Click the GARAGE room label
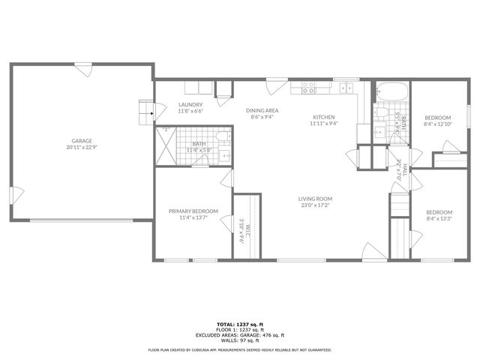click(x=82, y=141)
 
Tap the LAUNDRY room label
click(x=190, y=104)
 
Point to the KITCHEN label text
click(x=323, y=117)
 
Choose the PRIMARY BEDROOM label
click(x=193, y=211)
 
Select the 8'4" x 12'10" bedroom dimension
click(x=437, y=124)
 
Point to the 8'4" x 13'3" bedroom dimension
click(x=439, y=218)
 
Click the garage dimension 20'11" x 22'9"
click(x=82, y=147)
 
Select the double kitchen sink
click(x=346, y=88)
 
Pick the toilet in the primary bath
click(x=222, y=136)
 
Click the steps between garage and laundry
click(x=144, y=112)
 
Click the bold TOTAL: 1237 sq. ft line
click(x=240, y=325)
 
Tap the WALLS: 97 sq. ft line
click(x=240, y=340)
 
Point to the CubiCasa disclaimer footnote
click(x=240, y=349)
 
